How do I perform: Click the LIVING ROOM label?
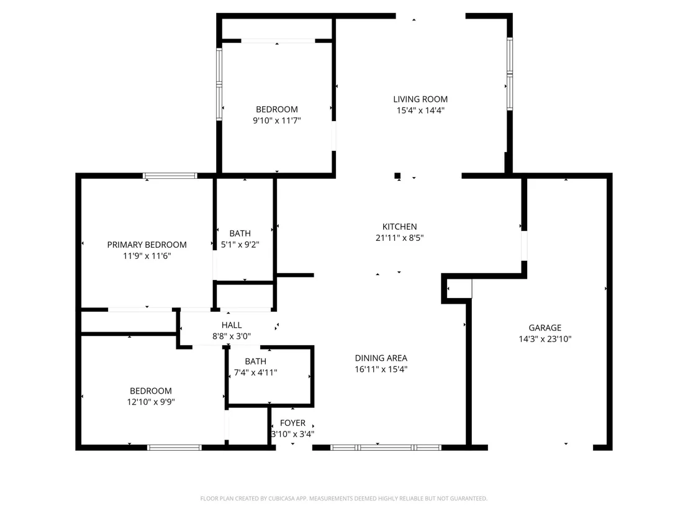tap(420, 99)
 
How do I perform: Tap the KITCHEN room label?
tap(399, 227)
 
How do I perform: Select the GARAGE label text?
tap(545, 327)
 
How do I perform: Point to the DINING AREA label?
tap(381, 358)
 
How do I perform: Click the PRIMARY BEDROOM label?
tap(147, 245)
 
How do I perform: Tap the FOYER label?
tap(292, 423)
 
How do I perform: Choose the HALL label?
tap(232, 325)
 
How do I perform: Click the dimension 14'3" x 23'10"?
tap(545, 339)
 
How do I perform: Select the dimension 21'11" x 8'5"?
tap(399, 238)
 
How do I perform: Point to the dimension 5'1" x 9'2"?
tap(240, 245)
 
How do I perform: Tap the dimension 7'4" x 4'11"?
tap(255, 373)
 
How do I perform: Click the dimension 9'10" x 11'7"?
tap(277, 120)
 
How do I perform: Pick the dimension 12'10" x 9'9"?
tap(151, 402)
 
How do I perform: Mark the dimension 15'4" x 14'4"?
tap(420, 111)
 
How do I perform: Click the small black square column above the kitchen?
tap(397, 176)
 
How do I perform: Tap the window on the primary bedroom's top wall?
tap(170, 176)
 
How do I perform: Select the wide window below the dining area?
tap(386, 448)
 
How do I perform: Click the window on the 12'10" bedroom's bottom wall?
tap(174, 448)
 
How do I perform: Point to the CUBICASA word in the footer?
tap(281, 499)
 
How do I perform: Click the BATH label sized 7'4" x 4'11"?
tap(255, 361)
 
